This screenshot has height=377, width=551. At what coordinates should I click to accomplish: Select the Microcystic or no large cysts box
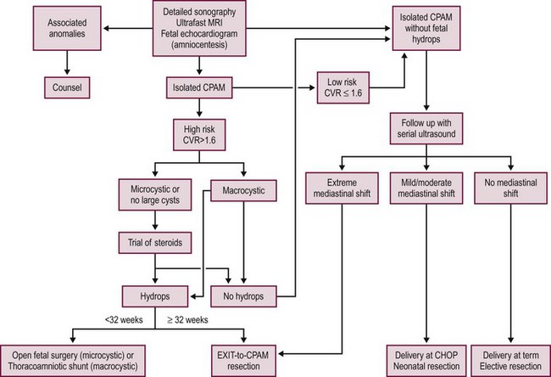point(153,193)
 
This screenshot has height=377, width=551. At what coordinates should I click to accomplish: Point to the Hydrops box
point(153,297)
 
